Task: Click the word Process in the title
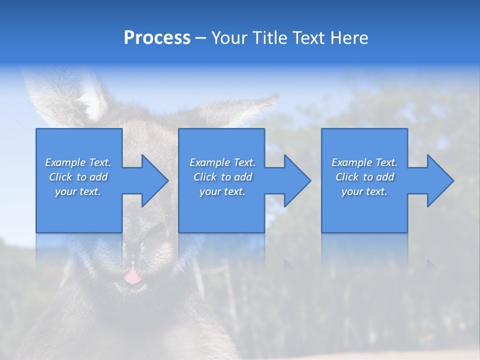click(157, 38)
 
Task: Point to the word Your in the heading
click(229, 38)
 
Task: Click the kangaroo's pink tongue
click(132, 276)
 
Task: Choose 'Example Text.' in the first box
click(78, 162)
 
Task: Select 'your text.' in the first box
click(78, 191)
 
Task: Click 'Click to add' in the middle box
click(222, 177)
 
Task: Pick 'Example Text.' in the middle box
click(222, 162)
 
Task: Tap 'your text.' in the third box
click(364, 191)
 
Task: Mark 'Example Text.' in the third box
click(364, 162)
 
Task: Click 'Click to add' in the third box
click(364, 177)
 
